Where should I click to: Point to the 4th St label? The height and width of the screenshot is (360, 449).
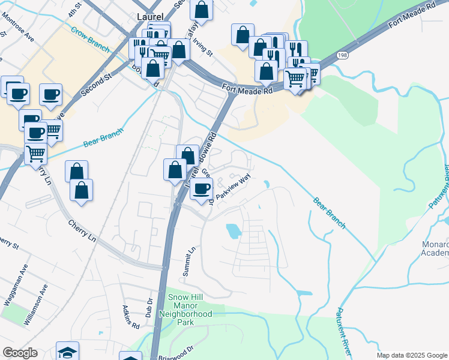74,10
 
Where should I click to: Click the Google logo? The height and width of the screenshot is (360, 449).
20,353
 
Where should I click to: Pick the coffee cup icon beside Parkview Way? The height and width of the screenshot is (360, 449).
201,188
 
